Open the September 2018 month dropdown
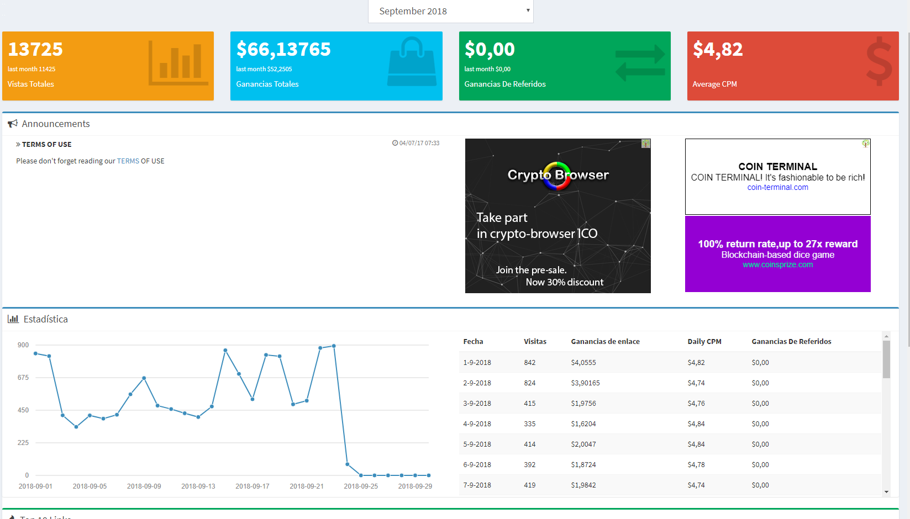click(450, 11)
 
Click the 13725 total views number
click(35, 49)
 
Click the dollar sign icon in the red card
click(879, 61)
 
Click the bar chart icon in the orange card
click(178, 63)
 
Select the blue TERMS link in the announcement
click(128, 161)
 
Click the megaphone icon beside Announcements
click(13, 124)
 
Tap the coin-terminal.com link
click(777, 187)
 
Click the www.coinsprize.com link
click(777, 264)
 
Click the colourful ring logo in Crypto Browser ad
click(557, 176)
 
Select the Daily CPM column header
click(704, 342)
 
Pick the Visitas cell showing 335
click(530, 423)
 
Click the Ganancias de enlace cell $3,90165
click(586, 383)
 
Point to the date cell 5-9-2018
click(477, 444)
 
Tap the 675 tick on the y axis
click(23, 378)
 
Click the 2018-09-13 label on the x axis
click(198, 486)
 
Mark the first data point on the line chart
click(36, 354)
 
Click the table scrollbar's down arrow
click(886, 492)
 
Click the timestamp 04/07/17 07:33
click(416, 143)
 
